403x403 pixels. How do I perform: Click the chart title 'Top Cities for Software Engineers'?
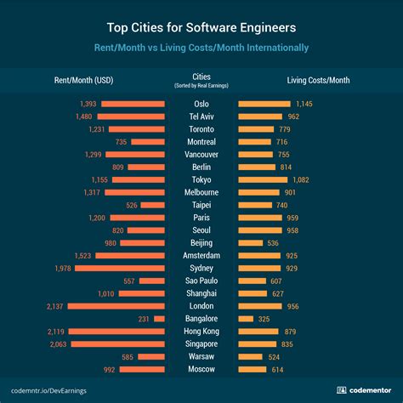coord(201,26)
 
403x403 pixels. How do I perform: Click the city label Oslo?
coord(201,104)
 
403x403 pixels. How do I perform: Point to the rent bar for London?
coord(116,306)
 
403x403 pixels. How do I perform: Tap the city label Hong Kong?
coord(201,332)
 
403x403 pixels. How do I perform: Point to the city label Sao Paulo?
coord(201,281)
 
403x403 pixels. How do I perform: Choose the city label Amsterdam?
coord(201,255)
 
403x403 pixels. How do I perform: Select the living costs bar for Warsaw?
coord(253,357)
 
